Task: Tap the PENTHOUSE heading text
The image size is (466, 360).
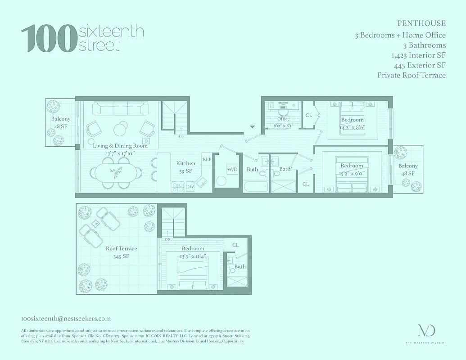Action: (x=421, y=23)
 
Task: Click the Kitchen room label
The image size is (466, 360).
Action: (x=185, y=163)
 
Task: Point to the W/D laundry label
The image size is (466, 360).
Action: (x=232, y=170)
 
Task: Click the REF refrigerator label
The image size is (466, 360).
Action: (x=207, y=159)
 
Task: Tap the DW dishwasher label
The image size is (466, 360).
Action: (x=190, y=186)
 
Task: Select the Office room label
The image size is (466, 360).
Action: (x=284, y=119)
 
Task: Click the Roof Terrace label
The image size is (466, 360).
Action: (x=122, y=248)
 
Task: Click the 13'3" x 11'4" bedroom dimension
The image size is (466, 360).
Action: (x=193, y=256)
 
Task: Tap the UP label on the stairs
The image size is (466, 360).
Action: (x=181, y=136)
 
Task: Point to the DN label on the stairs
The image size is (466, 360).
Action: (x=167, y=239)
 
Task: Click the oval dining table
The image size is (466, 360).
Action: (x=115, y=172)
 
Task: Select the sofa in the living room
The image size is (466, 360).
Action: (x=120, y=108)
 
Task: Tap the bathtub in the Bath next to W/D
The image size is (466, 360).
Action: (x=255, y=186)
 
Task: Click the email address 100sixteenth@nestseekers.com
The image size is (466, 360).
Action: (x=66, y=319)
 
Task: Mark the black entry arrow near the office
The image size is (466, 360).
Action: (x=253, y=127)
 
